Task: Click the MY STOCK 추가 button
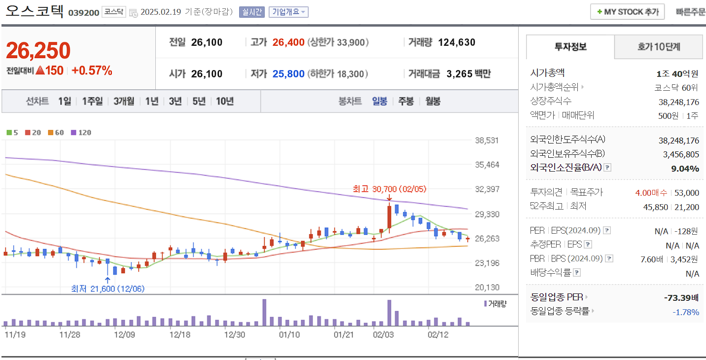pyautogui.click(x=627, y=12)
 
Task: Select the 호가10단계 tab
pyautogui.click(x=658, y=47)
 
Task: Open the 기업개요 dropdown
pyautogui.click(x=288, y=12)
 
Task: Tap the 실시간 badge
pyautogui.click(x=252, y=12)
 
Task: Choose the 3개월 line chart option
pyautogui.click(x=124, y=101)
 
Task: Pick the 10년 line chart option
pyautogui.click(x=225, y=101)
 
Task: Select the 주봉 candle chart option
pyautogui.click(x=406, y=101)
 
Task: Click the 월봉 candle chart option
pyautogui.click(x=433, y=101)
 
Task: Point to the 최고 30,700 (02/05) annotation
pyautogui.click(x=389, y=189)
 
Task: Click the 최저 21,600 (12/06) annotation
pyautogui.click(x=108, y=288)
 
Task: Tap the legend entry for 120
pyautogui.click(x=81, y=133)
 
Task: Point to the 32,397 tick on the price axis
pyautogui.click(x=487, y=189)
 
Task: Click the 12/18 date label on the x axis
pyautogui.click(x=179, y=334)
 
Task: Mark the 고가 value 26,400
pyautogui.click(x=288, y=42)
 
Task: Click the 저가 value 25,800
pyautogui.click(x=288, y=74)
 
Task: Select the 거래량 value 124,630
pyautogui.click(x=457, y=42)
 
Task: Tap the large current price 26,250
pyautogui.click(x=38, y=50)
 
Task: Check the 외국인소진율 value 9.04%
pyautogui.click(x=685, y=169)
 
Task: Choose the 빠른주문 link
pyautogui.click(x=691, y=12)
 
